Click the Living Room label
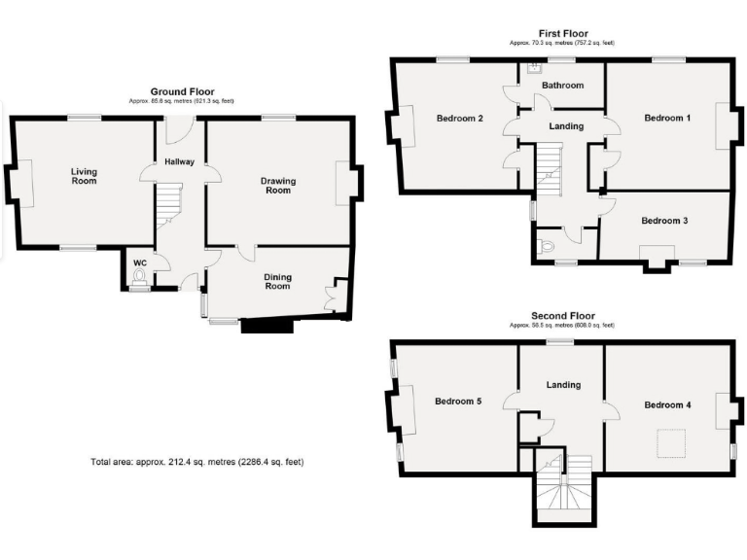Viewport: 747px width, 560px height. tap(84, 175)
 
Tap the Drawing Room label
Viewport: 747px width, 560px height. tap(277, 185)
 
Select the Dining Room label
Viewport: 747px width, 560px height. tap(277, 281)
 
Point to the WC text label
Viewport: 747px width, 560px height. tap(139, 262)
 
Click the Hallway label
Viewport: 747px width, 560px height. tap(179, 161)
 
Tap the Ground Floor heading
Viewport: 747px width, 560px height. tap(182, 91)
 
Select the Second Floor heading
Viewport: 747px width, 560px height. tap(562, 316)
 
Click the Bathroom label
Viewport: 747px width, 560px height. tap(562, 86)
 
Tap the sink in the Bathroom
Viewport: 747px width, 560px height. tap(534, 68)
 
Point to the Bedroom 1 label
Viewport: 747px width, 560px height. tap(667, 118)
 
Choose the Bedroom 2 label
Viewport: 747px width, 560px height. tap(460, 119)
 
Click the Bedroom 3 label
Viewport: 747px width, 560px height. tap(664, 221)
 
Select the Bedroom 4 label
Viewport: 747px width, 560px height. tap(667, 404)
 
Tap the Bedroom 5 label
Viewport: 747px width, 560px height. tap(458, 401)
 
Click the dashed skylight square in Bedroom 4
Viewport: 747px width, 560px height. tap(668, 442)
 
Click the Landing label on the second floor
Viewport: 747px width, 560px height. tap(563, 385)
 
